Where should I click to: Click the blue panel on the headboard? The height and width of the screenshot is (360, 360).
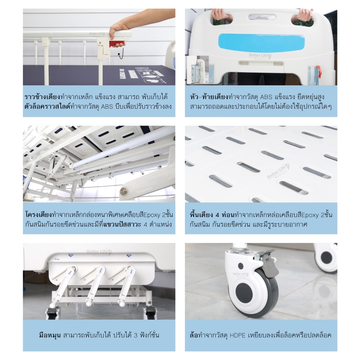(x=261, y=43)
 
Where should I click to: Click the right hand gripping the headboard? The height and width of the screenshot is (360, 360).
(x=303, y=16)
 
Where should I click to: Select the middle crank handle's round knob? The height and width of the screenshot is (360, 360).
(x=89, y=303)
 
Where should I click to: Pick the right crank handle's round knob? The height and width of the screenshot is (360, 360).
(x=122, y=303)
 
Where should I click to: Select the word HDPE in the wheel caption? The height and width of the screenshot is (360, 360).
(x=237, y=335)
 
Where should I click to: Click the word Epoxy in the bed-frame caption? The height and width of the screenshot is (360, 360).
(x=152, y=215)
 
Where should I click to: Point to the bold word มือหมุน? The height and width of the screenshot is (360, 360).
(x=50, y=335)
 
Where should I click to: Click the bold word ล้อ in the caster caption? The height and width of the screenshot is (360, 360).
(x=194, y=335)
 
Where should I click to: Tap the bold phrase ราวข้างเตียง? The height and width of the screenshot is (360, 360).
(x=42, y=97)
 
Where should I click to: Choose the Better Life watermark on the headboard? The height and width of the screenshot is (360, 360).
(x=260, y=56)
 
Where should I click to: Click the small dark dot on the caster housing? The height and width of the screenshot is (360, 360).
(x=240, y=266)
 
